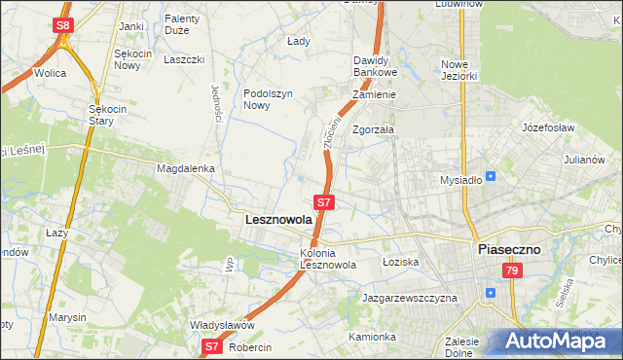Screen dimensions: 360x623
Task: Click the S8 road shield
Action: (x=62, y=24)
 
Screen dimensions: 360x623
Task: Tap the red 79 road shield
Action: (x=512, y=273)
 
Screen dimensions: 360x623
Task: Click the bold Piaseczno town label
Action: (x=516, y=249)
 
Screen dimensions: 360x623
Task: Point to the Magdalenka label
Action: (x=185, y=168)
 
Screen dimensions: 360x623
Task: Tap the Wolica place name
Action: (x=50, y=73)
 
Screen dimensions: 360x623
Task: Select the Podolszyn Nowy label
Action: (x=268, y=99)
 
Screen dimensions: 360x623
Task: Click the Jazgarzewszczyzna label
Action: (x=409, y=298)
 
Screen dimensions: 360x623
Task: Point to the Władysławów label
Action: (x=222, y=326)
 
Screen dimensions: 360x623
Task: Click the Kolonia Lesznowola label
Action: (x=328, y=259)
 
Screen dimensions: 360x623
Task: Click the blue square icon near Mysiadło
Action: (x=491, y=176)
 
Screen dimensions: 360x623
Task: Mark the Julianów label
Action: (x=585, y=160)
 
